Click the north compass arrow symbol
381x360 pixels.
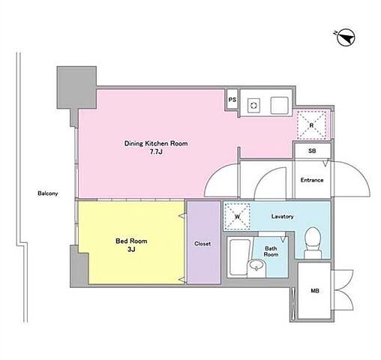click(x=346, y=38)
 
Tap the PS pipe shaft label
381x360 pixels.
click(x=232, y=100)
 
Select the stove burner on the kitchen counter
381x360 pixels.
click(x=254, y=105)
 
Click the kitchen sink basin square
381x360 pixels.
click(x=280, y=105)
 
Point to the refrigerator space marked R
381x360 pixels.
click(x=311, y=125)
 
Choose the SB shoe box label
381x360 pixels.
click(x=312, y=151)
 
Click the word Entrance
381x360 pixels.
click(x=312, y=180)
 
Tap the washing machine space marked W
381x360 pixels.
click(x=237, y=217)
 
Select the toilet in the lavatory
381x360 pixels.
click(x=313, y=243)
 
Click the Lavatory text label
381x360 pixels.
click(x=282, y=216)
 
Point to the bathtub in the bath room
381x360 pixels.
click(x=239, y=257)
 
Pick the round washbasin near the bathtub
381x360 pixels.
click(x=256, y=265)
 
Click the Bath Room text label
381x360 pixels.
click(x=271, y=251)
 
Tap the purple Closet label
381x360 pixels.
click(x=202, y=244)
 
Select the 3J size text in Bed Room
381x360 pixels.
click(x=131, y=250)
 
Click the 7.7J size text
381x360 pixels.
click(x=156, y=152)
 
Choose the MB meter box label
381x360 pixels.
click(x=315, y=291)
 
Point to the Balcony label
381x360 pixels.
click(x=48, y=193)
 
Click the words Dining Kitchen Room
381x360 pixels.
click(x=156, y=143)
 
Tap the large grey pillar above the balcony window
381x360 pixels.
click(x=76, y=88)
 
